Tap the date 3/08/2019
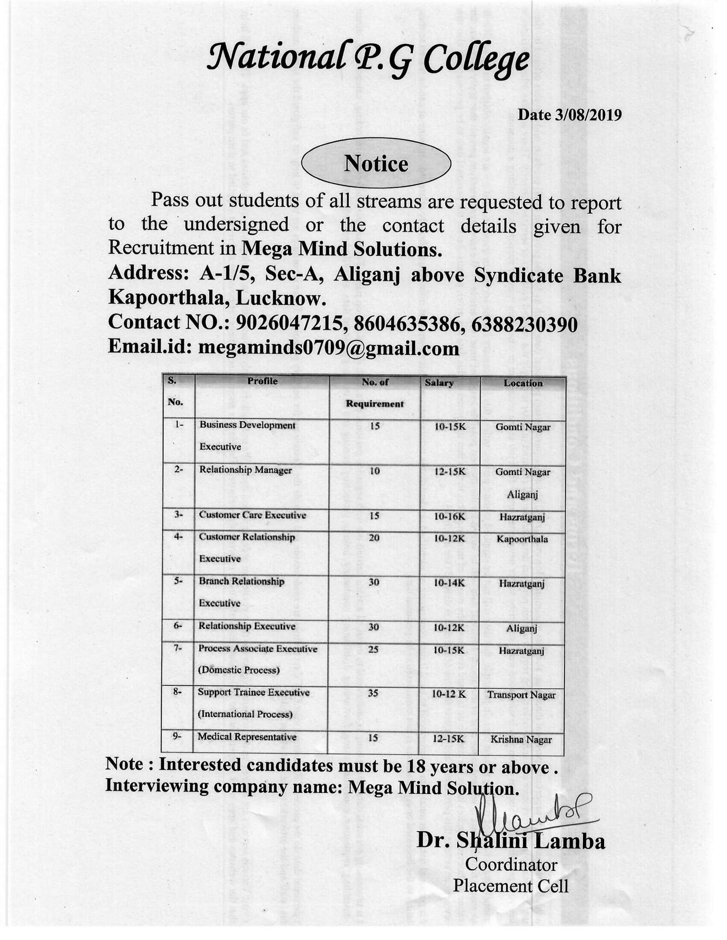569,115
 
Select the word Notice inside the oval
375,164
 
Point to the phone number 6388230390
524,325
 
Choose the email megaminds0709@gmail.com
328,348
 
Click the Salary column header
439,383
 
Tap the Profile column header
262,381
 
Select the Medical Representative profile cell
247,737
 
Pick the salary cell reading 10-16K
449,516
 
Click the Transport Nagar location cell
521,695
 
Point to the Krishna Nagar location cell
521,740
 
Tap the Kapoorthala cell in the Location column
522,539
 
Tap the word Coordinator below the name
511,864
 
